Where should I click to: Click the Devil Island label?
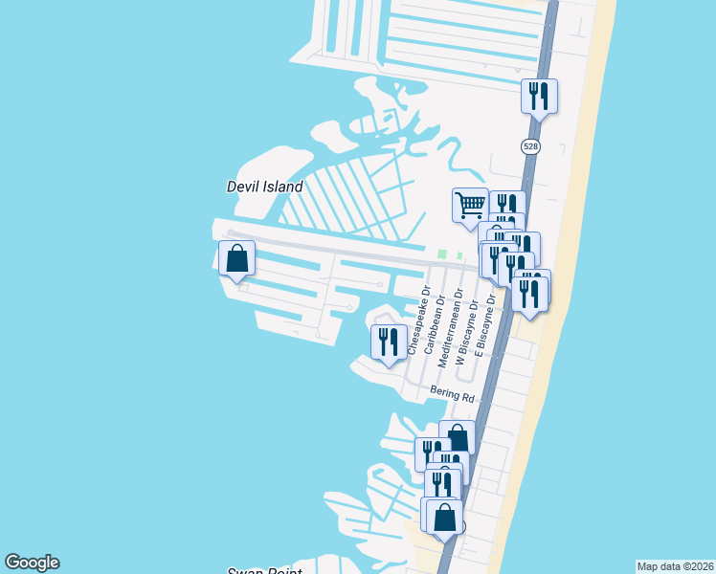point(264,187)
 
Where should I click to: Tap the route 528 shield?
point(530,146)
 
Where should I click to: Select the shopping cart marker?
point(470,206)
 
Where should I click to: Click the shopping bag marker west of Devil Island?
point(237,258)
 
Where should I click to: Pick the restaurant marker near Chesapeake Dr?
point(389,342)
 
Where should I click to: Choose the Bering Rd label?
point(452,395)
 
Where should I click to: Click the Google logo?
point(32,563)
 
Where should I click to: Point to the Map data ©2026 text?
point(674,566)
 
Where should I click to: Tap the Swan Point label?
point(264,570)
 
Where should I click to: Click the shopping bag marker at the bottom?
point(445,518)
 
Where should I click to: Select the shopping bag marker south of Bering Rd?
point(458,438)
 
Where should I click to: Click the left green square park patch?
point(442,254)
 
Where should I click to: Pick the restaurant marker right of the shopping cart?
point(506,206)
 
